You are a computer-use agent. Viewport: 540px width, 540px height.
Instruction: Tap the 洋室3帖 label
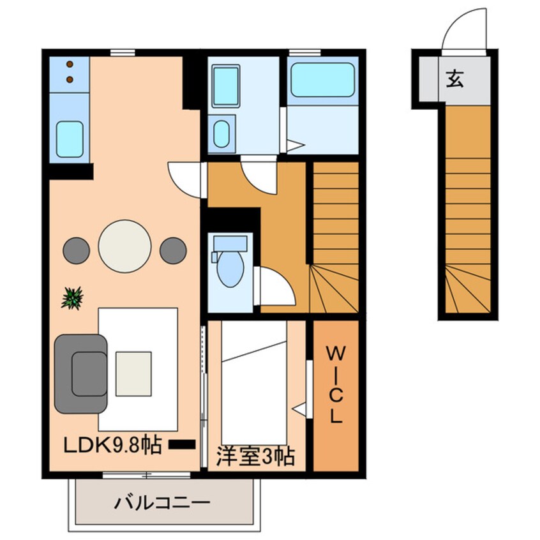pos(255,457)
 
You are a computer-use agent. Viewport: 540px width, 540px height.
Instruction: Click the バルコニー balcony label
pos(162,504)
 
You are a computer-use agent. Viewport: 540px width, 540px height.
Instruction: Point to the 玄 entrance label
pos(454,80)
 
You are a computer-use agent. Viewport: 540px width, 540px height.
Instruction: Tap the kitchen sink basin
pos(70,139)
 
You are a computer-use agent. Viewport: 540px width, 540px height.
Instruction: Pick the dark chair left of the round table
pos(76,250)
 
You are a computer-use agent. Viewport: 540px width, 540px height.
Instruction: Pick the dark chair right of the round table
pos(173,250)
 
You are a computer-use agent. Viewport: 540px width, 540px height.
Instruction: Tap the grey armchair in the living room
pos(82,373)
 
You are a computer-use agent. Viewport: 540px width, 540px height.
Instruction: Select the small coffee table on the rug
pos(133,373)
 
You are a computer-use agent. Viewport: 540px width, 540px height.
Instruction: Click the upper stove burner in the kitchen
pos(70,66)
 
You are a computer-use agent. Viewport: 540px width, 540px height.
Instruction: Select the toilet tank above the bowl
pos(229,243)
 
